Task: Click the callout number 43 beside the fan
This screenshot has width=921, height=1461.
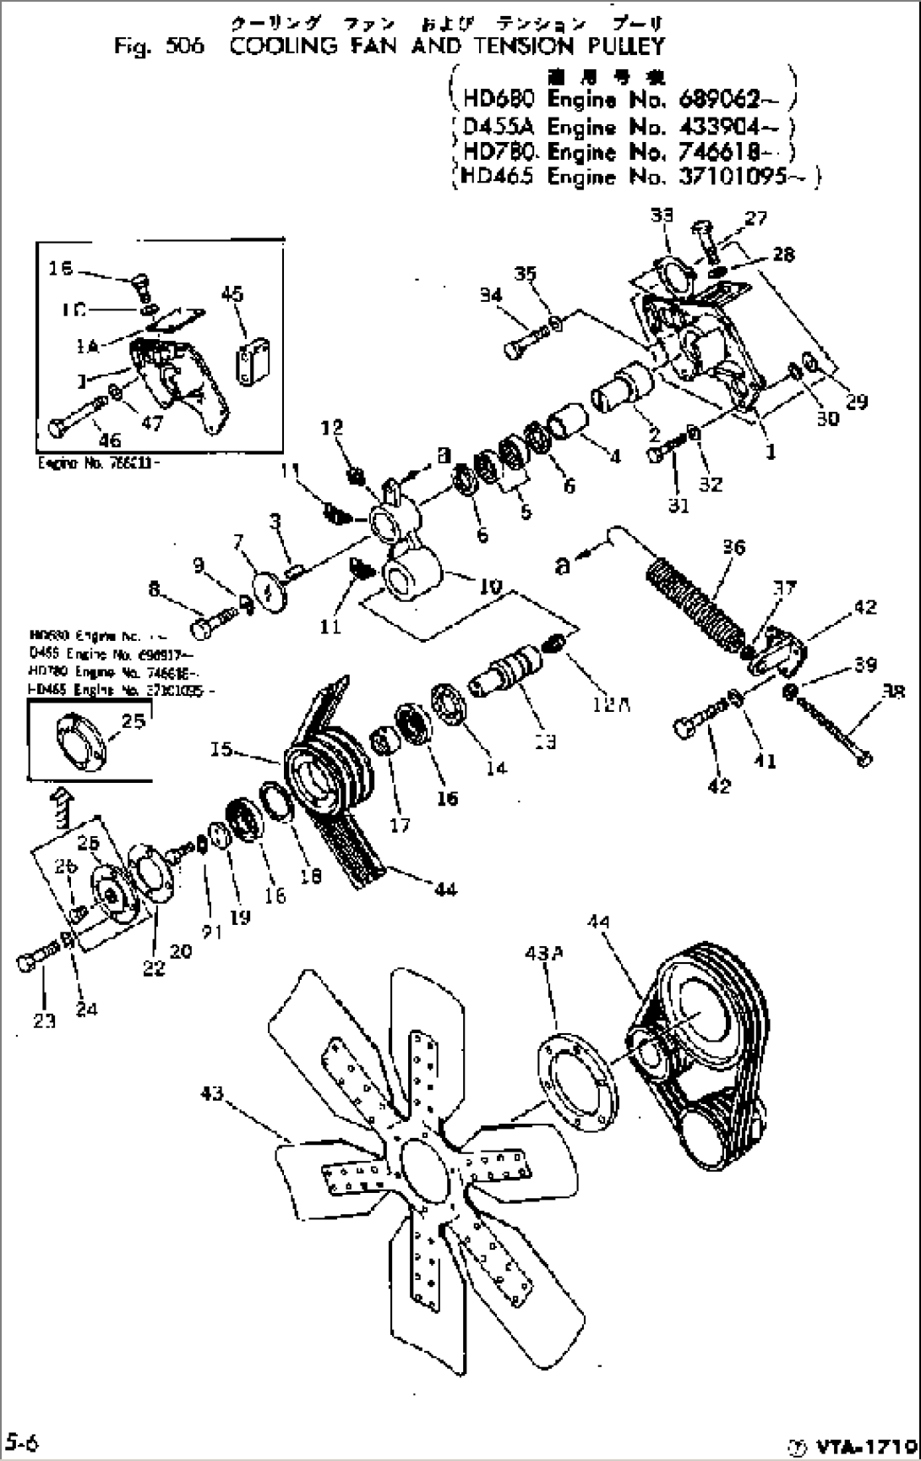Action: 211,1094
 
